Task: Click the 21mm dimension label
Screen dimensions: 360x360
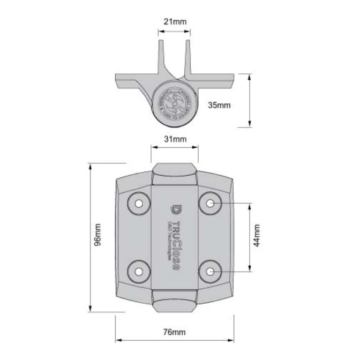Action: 175,22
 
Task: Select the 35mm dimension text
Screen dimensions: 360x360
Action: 219,105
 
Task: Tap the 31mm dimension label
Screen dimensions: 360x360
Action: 175,139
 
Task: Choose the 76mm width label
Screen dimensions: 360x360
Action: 175,333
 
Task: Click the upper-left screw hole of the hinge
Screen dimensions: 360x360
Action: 139,204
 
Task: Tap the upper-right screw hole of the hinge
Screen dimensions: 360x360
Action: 211,204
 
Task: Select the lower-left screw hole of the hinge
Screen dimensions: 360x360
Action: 139,272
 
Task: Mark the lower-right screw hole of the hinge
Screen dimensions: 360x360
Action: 211,272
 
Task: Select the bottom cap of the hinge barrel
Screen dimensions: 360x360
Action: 175,304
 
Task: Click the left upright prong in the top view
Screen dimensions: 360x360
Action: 161,56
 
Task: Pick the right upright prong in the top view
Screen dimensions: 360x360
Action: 189,56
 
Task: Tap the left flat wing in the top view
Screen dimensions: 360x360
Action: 131,82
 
